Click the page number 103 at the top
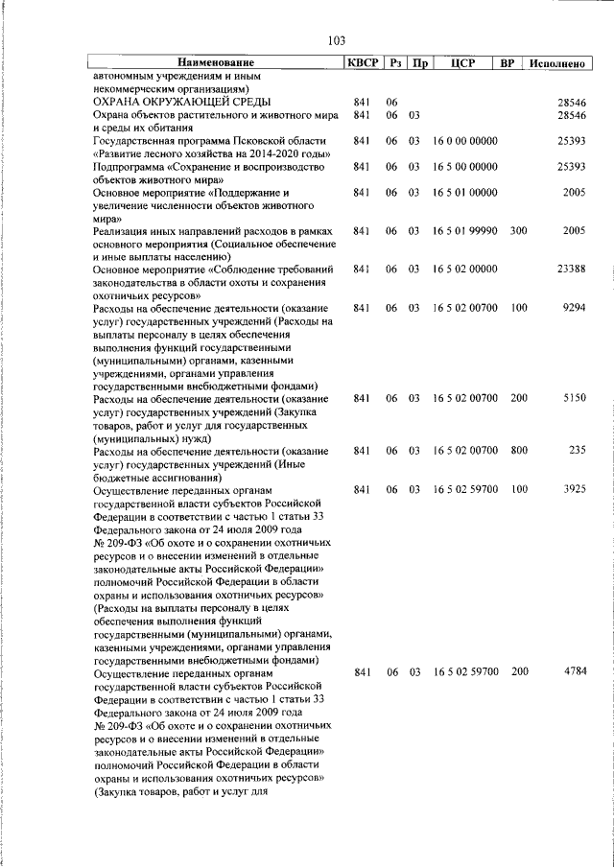click(336, 40)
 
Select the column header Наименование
click(217, 63)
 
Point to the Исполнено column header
click(556, 63)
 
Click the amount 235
click(577, 450)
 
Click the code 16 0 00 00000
click(464, 141)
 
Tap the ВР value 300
click(519, 231)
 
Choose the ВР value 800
click(519, 450)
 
